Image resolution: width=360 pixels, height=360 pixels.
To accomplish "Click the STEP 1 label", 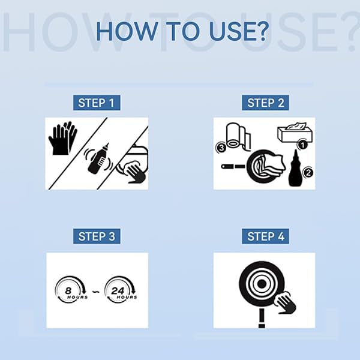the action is point(97,103).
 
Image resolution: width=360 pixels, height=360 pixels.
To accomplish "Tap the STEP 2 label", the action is point(265,103).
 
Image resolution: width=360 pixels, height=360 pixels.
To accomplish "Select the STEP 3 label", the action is point(97,236).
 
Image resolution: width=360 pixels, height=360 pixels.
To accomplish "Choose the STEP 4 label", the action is point(265,236).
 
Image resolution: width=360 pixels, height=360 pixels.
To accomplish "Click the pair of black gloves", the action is point(62,138).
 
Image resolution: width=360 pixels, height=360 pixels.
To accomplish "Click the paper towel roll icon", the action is point(238,137).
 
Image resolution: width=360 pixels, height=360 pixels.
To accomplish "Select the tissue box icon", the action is point(295,133).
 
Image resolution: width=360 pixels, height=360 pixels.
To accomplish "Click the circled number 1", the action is point(302,145).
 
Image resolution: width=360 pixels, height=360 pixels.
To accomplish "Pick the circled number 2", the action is point(308,172).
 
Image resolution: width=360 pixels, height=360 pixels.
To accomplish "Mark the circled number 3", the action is point(221,148).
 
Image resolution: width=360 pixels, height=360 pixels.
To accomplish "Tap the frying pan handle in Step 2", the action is point(233,166).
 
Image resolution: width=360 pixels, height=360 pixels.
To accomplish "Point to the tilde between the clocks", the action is point(96,292).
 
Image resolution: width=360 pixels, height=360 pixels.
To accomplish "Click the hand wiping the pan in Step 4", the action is point(285,303).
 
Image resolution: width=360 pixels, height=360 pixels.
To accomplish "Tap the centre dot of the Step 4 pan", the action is point(262,284).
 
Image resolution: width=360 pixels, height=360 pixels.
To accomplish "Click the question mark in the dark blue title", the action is point(262,31).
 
